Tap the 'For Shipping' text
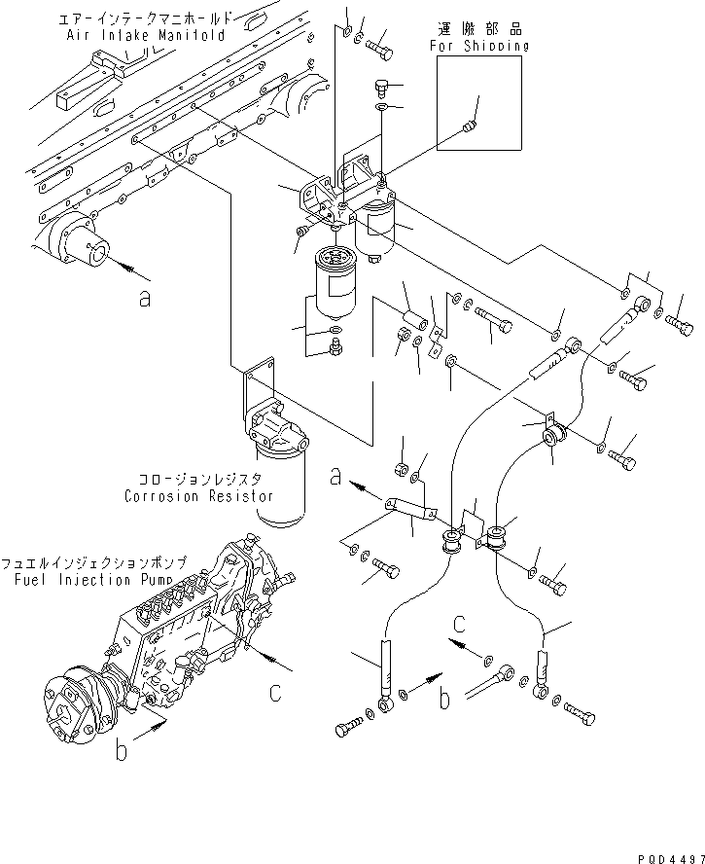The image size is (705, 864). click(x=478, y=45)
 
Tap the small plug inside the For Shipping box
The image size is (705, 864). click(x=472, y=125)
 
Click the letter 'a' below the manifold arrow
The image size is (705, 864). click(x=145, y=299)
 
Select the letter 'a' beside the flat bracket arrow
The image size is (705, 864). click(x=335, y=477)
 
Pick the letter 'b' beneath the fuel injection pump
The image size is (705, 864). click(x=123, y=753)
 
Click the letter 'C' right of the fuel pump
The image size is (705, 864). click(x=276, y=693)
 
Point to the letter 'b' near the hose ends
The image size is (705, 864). click(x=443, y=697)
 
